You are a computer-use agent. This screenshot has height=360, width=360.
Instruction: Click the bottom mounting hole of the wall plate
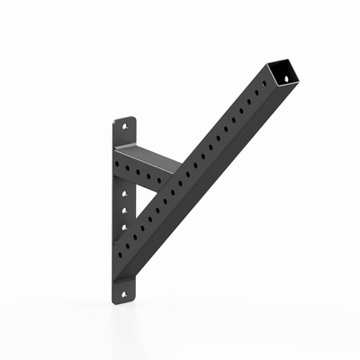coord(127,290)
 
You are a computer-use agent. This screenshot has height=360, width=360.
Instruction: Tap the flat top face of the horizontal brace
coord(148,154)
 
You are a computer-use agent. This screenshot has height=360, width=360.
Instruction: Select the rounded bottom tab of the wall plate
coord(127,292)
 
